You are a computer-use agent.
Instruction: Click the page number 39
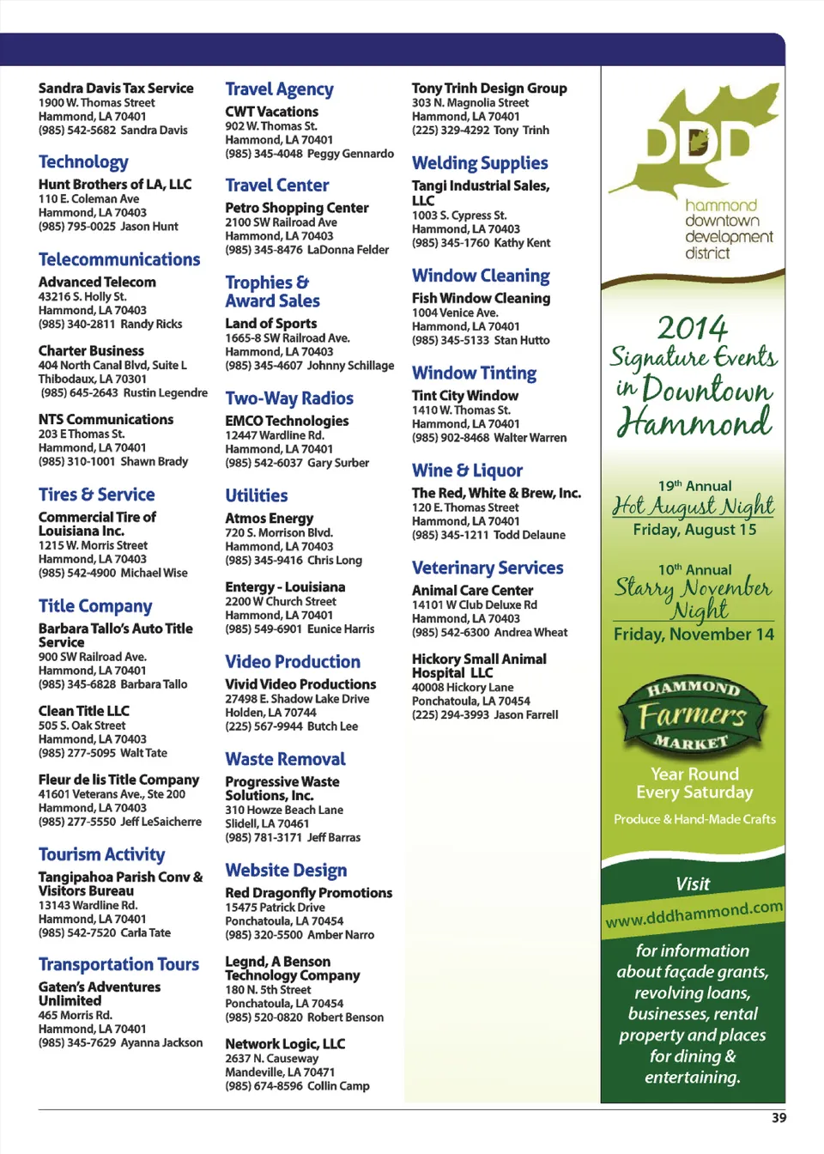click(x=779, y=1118)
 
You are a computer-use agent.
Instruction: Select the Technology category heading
click(x=83, y=162)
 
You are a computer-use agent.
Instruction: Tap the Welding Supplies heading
click(x=480, y=163)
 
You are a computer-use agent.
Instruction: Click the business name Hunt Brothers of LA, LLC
click(x=115, y=185)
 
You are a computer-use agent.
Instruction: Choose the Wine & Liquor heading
click(x=467, y=471)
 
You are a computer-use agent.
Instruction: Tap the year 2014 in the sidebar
click(x=692, y=327)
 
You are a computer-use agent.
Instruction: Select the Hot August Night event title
click(x=694, y=507)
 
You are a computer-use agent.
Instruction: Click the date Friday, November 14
click(x=694, y=635)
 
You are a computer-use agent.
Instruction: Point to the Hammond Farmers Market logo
click(x=693, y=715)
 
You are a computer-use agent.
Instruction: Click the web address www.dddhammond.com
click(x=694, y=914)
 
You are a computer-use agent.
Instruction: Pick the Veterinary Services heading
click(x=488, y=568)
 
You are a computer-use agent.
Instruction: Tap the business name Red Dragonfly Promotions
click(x=308, y=893)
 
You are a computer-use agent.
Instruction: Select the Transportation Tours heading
click(x=118, y=965)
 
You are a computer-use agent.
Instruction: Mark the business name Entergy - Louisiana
click(x=285, y=587)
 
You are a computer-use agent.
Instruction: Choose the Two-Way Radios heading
click(x=289, y=398)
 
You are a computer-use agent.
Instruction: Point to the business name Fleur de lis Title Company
click(x=118, y=780)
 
